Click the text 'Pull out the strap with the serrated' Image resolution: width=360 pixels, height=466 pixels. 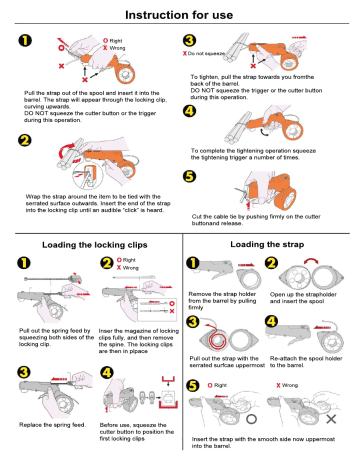coord(227,361)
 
